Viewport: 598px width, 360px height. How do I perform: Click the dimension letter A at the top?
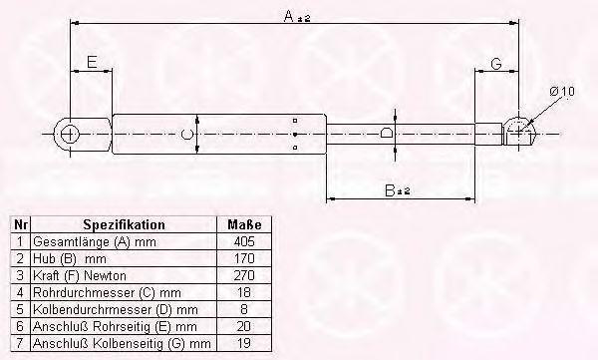289,16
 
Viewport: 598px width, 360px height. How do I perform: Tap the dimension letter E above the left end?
92,62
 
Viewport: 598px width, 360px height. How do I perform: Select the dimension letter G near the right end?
496,64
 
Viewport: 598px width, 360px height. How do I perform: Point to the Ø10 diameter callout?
562,92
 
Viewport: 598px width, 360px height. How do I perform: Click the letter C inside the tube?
186,135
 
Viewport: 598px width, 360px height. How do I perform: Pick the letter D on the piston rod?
386,133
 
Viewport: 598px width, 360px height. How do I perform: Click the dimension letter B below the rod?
390,190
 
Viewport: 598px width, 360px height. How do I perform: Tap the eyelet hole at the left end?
70,135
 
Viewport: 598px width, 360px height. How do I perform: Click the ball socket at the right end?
519,131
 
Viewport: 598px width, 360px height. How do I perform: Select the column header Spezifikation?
125,224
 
